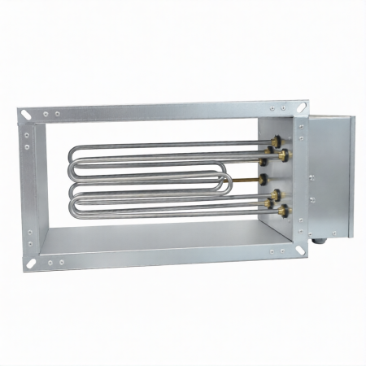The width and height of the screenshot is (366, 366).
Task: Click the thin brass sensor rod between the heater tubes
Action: pos(244,178)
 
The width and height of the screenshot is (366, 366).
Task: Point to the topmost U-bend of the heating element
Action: pos(76,155)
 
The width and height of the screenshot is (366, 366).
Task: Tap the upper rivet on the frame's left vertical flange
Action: pos(28,134)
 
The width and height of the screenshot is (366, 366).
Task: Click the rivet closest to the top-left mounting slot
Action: pos(46,115)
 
